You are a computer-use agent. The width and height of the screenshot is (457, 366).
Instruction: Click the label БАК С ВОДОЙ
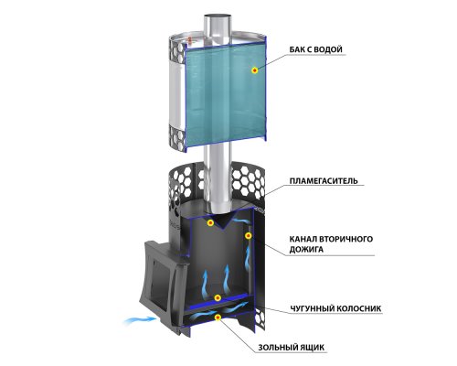(315, 49)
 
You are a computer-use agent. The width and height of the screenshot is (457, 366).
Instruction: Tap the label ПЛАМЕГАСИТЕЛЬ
(324, 181)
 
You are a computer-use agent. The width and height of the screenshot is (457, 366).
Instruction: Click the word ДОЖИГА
(306, 250)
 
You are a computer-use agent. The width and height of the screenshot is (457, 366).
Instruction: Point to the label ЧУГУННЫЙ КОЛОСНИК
(335, 308)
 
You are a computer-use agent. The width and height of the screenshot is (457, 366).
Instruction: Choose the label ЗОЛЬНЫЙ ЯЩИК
(291, 348)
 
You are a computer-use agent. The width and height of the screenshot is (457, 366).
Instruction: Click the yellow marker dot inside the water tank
(255, 70)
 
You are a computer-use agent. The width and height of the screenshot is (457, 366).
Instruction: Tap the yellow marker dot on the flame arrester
(210, 222)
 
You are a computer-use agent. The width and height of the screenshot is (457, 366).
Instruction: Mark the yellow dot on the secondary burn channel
(249, 235)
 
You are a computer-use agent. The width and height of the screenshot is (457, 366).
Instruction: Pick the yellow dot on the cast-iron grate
(218, 298)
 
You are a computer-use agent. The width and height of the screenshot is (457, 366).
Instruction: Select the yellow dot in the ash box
(218, 318)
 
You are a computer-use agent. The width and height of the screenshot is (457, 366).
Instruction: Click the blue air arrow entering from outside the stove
(140, 320)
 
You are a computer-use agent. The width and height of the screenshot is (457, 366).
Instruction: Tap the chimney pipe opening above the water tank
(218, 16)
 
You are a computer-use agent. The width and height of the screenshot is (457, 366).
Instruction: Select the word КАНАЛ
(303, 239)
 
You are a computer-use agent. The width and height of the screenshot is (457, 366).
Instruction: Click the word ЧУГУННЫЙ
(311, 308)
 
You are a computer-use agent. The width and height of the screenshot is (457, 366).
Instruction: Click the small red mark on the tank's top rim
(190, 39)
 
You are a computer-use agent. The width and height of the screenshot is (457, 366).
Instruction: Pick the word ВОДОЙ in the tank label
(328, 49)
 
